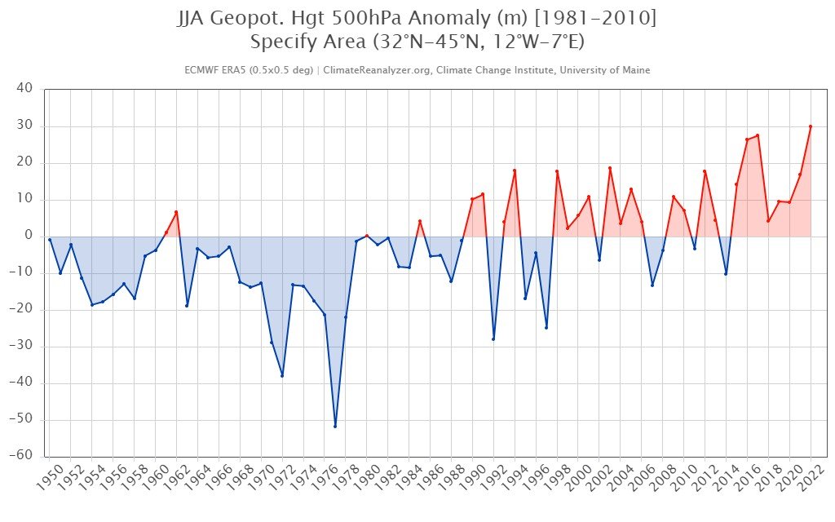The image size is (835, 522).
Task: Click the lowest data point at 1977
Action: pyautogui.click(x=335, y=426)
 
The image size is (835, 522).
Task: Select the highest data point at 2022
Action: pyautogui.click(x=811, y=126)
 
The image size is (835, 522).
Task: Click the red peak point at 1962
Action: pyautogui.click(x=176, y=212)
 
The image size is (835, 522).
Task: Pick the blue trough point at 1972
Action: pyautogui.click(x=282, y=375)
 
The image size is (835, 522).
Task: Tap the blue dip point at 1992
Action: pyautogui.click(x=493, y=338)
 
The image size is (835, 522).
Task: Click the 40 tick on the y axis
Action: pyautogui.click(x=24, y=89)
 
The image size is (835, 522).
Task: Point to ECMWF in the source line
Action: pyautogui.click(x=202, y=70)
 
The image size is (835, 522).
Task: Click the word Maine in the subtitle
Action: pyautogui.click(x=635, y=70)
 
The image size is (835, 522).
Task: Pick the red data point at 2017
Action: pyautogui.click(x=758, y=135)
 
